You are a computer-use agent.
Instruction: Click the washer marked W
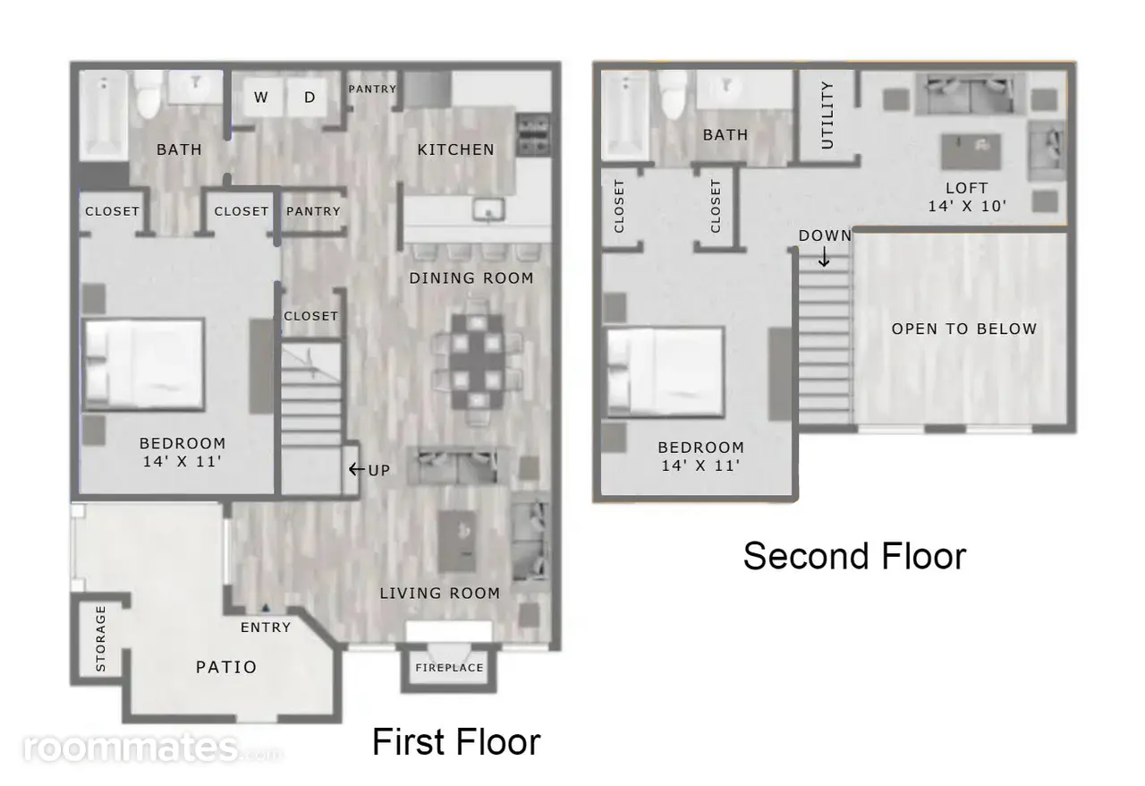(262, 97)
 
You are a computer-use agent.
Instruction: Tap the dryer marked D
(308, 97)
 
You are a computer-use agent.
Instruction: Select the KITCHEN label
(456, 150)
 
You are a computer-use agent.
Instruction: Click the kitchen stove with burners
(533, 135)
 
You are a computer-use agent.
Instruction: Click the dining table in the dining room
(477, 362)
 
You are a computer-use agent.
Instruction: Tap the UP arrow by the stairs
(356, 469)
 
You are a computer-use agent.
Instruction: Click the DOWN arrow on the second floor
(824, 257)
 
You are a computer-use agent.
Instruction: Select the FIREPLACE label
(449, 668)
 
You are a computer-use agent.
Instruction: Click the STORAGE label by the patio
(101, 638)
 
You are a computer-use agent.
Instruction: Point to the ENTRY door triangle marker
(266, 609)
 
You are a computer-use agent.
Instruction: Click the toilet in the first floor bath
(148, 95)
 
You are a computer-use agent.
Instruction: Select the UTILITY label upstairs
(827, 115)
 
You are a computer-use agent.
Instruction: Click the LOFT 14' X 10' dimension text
(967, 197)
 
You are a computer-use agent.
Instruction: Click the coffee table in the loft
(971, 151)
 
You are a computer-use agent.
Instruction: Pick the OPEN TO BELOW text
(964, 329)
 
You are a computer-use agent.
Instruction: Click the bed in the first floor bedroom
(144, 364)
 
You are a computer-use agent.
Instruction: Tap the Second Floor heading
(854, 556)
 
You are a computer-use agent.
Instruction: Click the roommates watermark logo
(151, 748)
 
